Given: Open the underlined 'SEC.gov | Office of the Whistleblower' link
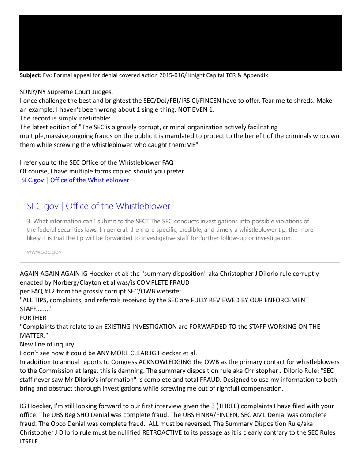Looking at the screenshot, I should pyautogui.click(x=75, y=180).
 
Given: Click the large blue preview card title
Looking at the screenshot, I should pyautogui.click(x=98, y=206).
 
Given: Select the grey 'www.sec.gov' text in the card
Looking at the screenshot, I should pyautogui.click(x=44, y=252).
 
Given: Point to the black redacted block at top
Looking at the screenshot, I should pyautogui.click(x=180, y=43).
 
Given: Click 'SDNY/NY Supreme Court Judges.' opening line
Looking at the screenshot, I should pyautogui.click(x=66, y=92).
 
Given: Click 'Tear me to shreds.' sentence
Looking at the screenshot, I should pyautogui.click(x=269, y=101).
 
